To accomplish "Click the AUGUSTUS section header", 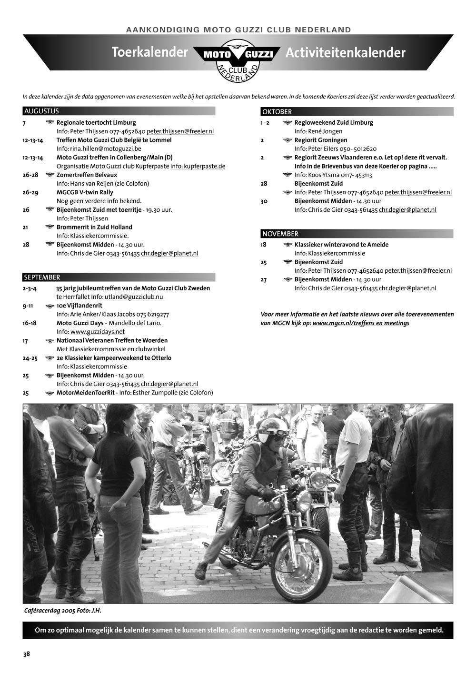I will (x=42, y=111).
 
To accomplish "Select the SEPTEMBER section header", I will (x=42, y=277).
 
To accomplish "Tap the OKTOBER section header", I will (x=277, y=112).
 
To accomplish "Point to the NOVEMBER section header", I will (x=280, y=234).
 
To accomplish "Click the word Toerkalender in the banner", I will (x=149, y=52).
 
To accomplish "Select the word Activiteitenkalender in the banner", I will (x=345, y=53).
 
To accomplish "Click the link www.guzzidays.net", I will (x=98, y=332).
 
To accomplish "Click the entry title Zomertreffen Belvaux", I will (x=87, y=175).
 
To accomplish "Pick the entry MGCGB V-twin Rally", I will (x=85, y=192).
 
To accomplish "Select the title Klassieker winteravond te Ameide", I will (x=341, y=245).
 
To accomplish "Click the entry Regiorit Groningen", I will (x=321, y=140).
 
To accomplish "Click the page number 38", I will (x=27, y=654).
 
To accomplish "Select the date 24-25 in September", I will (x=30, y=358).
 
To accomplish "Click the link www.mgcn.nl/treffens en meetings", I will (x=361, y=323).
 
